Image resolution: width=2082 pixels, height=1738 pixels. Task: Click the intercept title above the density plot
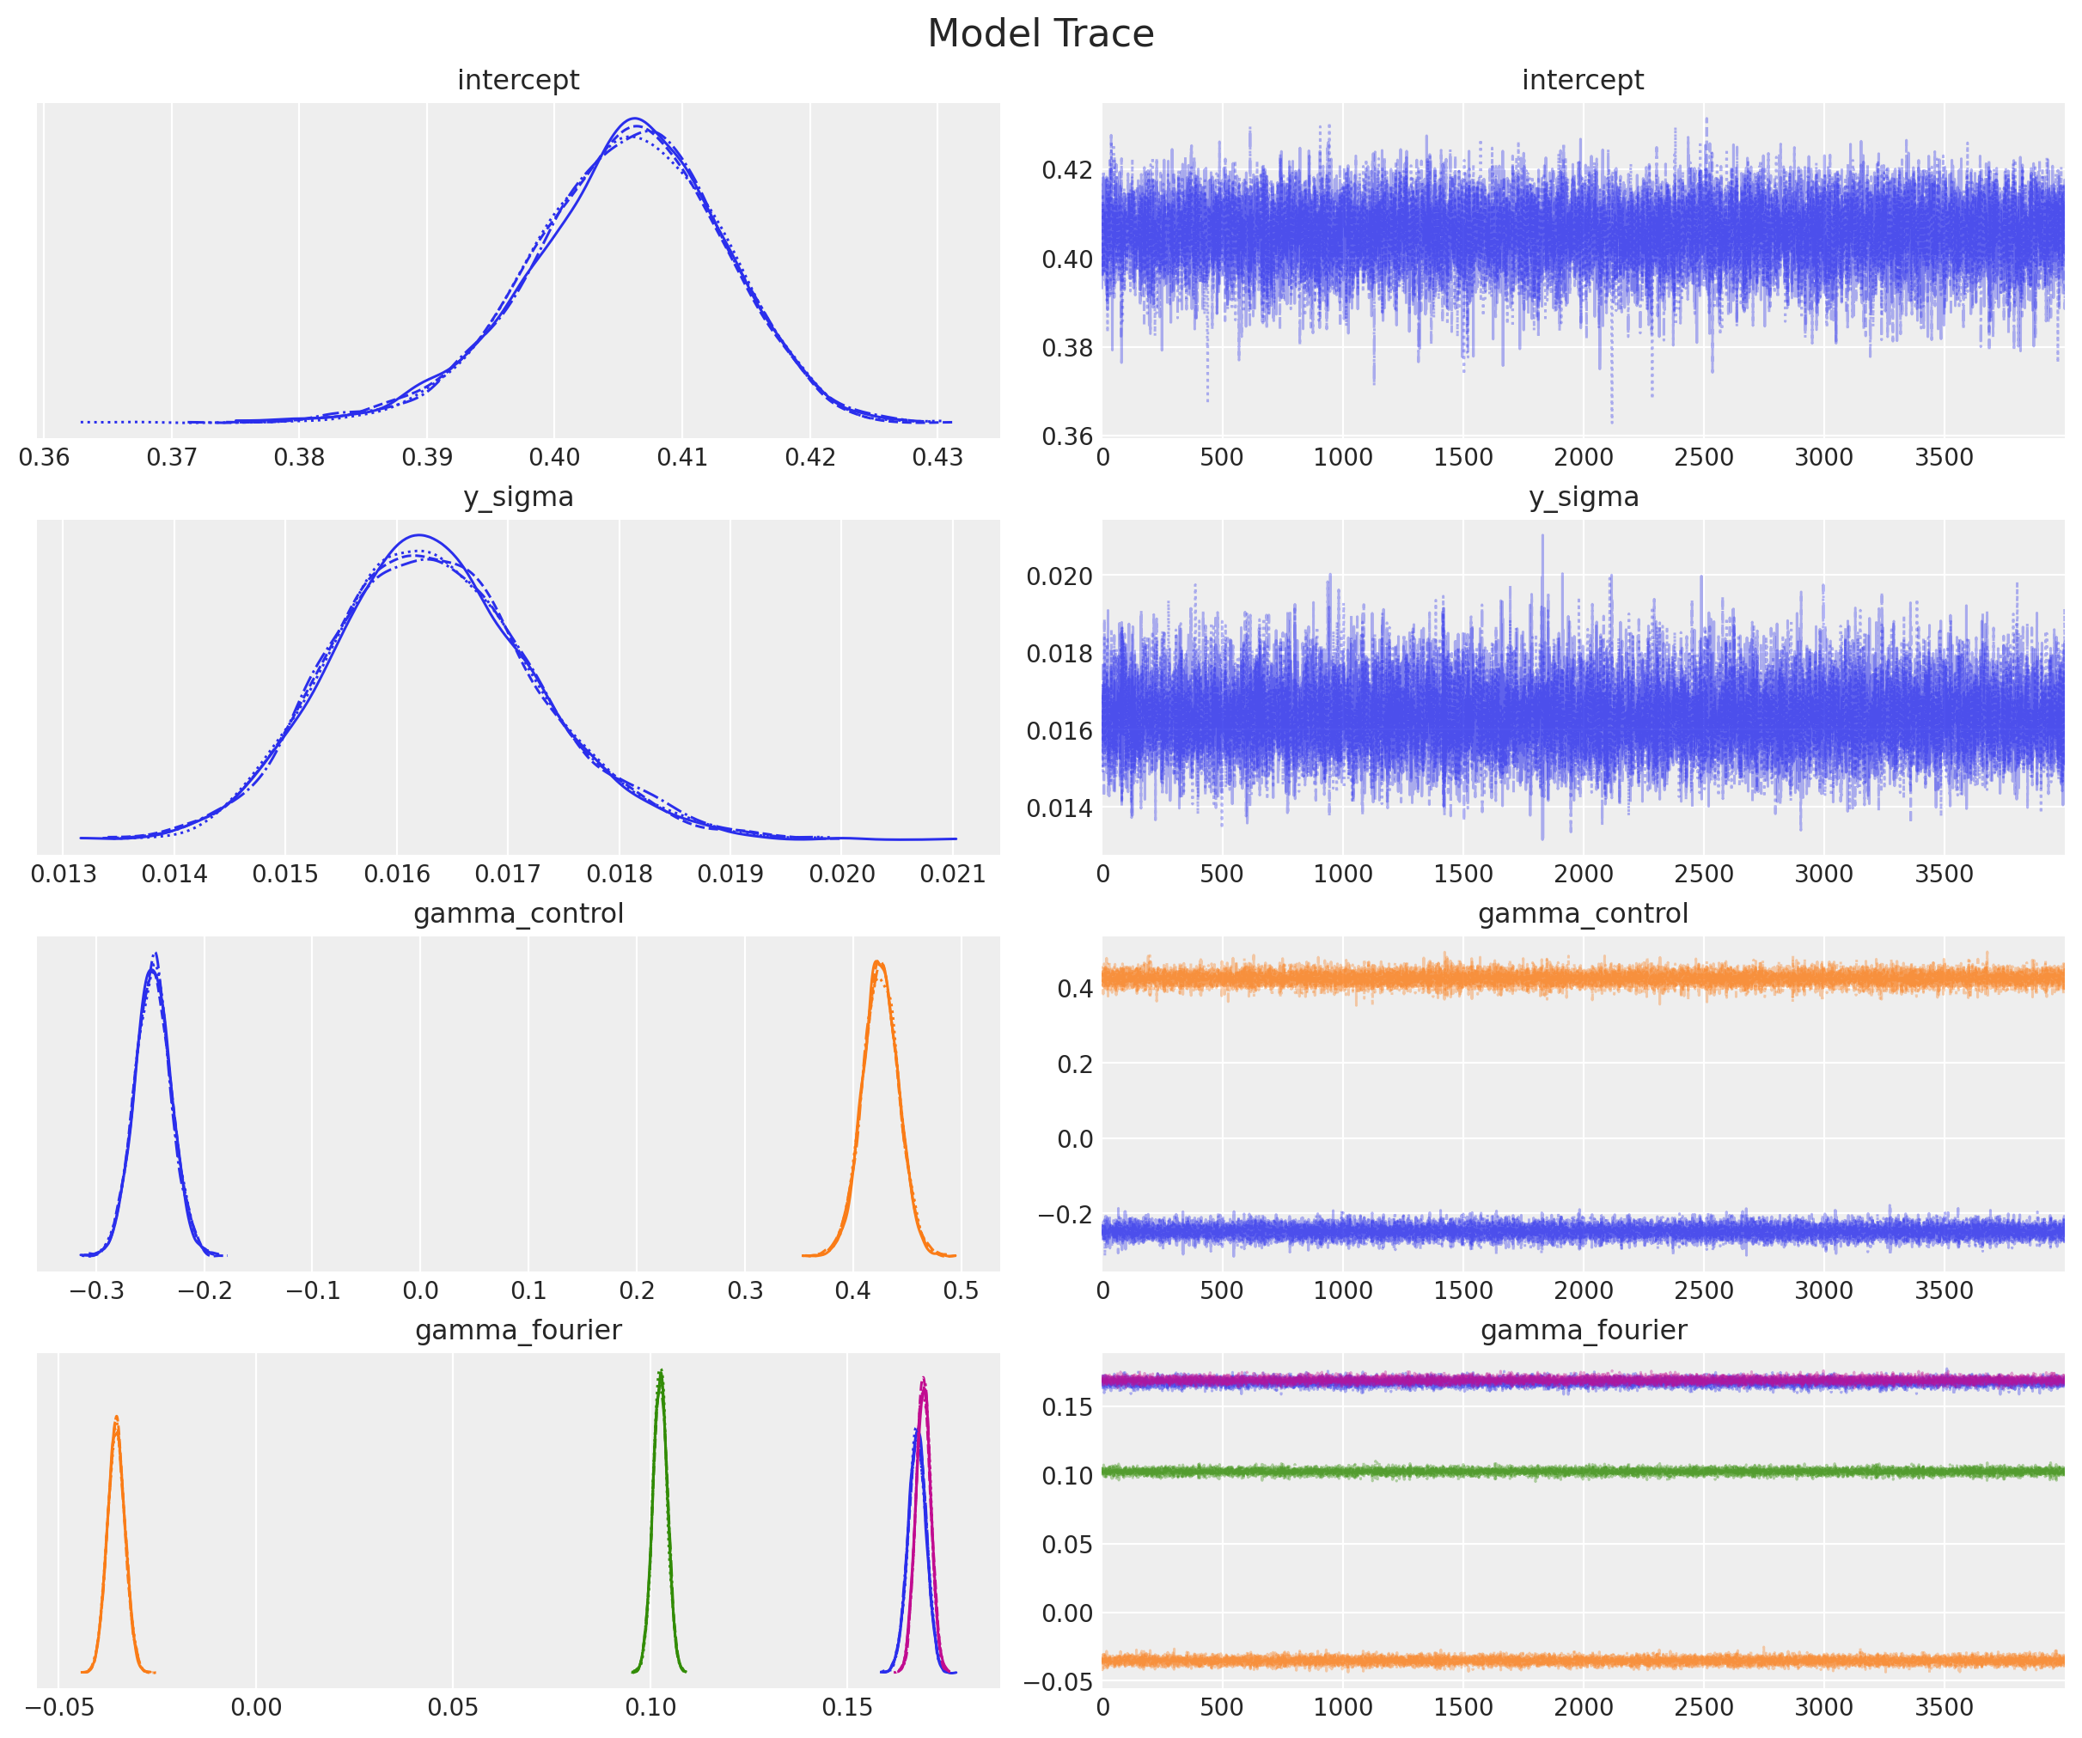pyautogui.click(x=517, y=80)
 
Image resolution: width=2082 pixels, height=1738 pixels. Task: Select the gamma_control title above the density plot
pyautogui.click(x=517, y=913)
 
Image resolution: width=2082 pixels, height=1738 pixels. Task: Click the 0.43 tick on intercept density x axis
pyautogui.click(x=937, y=457)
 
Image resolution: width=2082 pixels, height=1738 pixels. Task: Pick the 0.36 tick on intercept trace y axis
pyautogui.click(x=1066, y=436)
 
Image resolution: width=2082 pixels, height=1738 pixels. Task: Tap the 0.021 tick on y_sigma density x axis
pyautogui.click(x=952, y=874)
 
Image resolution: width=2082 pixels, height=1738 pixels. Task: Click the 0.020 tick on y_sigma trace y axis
pyautogui.click(x=1059, y=576)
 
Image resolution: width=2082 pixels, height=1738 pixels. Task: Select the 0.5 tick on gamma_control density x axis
pyautogui.click(x=960, y=1290)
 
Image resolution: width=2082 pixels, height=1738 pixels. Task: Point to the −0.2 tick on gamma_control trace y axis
pyautogui.click(x=1065, y=1215)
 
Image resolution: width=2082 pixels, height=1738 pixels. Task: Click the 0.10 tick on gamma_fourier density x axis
pyautogui.click(x=650, y=1706)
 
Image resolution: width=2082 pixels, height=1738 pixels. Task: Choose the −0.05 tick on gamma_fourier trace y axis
pyautogui.click(x=1059, y=1681)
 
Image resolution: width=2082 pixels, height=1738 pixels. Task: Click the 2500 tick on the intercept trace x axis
pyautogui.click(x=1702, y=457)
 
